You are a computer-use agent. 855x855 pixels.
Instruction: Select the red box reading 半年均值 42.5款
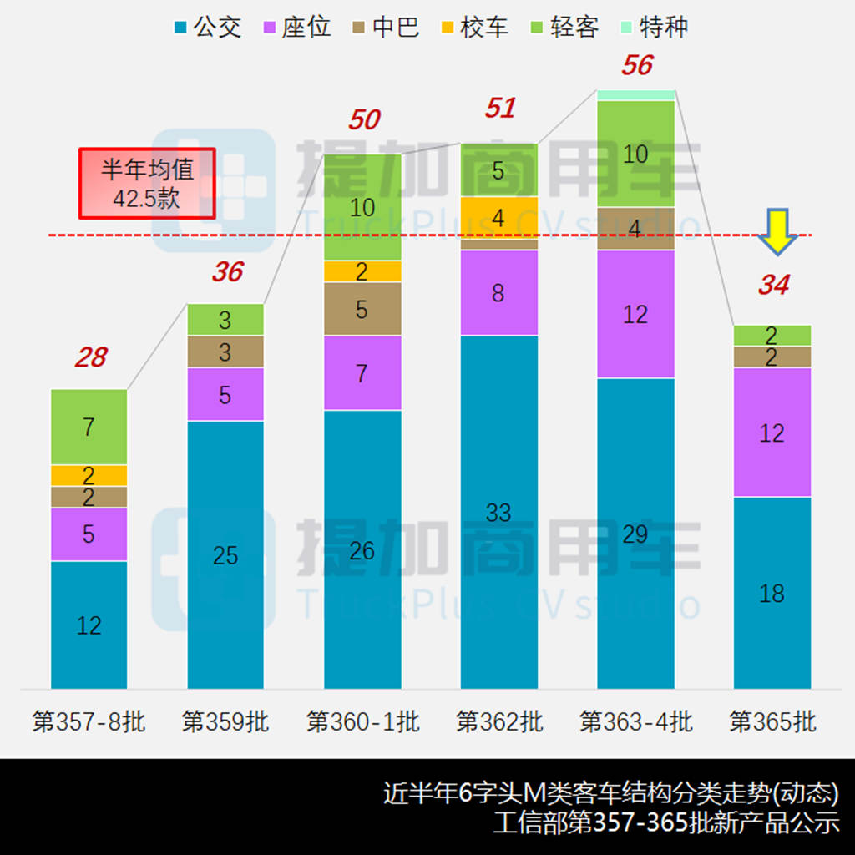click(147, 184)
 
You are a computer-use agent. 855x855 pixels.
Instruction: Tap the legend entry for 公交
click(208, 28)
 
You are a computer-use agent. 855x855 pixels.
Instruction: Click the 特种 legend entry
click(653, 28)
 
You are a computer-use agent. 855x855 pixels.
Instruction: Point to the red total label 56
click(637, 65)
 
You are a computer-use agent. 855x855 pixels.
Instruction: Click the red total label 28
click(90, 357)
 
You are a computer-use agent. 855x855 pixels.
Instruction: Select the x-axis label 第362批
click(499, 721)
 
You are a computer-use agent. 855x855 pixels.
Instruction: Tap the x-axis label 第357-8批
click(89, 721)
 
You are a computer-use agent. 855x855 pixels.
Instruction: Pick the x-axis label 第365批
click(772, 721)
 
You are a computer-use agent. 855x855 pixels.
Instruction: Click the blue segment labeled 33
click(499, 512)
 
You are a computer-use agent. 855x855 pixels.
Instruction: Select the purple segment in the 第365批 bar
click(772, 433)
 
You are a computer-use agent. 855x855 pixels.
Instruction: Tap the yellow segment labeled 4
click(499, 218)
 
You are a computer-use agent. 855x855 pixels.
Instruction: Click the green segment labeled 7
click(89, 427)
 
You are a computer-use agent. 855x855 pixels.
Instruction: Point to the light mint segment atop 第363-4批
click(635, 94)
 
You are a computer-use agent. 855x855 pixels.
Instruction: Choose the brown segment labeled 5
click(362, 309)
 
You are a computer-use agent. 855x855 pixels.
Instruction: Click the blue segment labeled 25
click(225, 554)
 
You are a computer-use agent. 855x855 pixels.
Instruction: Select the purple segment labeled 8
click(499, 293)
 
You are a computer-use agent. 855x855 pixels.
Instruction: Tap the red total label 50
click(364, 120)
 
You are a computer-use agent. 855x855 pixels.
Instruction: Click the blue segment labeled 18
click(772, 593)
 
